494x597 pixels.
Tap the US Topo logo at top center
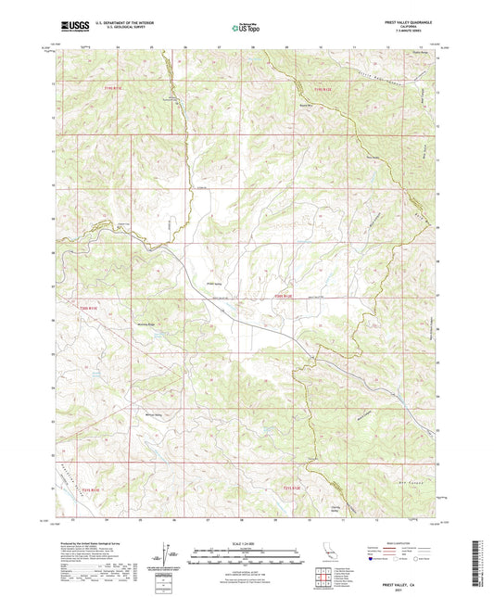[x=246, y=28]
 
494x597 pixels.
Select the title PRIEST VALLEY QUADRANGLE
[x=406, y=20]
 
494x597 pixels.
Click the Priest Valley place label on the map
[x=214, y=284]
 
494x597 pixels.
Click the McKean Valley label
[x=154, y=413]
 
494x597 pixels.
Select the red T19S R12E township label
[x=322, y=88]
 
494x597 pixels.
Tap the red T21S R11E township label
[x=88, y=489]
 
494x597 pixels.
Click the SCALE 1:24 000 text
[x=246, y=543]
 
